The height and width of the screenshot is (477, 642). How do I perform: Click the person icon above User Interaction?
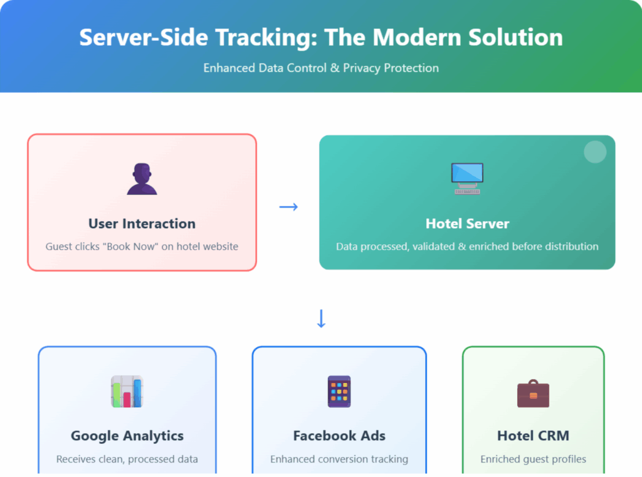coord(142,179)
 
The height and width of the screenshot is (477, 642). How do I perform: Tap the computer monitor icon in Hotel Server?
coord(467,179)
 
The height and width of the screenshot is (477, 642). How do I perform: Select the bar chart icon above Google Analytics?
coord(127,391)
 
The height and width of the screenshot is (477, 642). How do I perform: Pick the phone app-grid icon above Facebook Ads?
coord(339,391)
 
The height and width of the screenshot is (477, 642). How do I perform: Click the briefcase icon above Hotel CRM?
coord(533,393)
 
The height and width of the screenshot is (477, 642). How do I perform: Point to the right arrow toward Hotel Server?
coord(288,207)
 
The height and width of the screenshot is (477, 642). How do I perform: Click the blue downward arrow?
coord(322,318)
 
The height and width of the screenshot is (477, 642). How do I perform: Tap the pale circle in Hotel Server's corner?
coord(595,152)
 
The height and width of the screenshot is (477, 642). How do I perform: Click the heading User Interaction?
coord(142,224)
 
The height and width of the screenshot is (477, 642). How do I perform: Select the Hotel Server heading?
coord(467,224)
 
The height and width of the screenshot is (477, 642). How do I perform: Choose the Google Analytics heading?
coord(127,436)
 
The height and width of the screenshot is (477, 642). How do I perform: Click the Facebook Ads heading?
coord(339,436)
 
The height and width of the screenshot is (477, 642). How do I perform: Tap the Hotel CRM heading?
coord(533,436)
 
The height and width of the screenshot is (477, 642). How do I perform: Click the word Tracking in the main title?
coord(266,37)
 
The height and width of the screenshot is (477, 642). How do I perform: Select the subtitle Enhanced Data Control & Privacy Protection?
coord(321,68)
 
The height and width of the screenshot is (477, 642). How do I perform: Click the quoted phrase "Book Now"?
coord(130,246)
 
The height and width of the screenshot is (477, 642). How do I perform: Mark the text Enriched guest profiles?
coord(533,459)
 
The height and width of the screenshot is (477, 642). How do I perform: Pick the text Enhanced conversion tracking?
coord(339,459)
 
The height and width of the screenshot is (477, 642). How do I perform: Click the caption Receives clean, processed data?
coord(127,459)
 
